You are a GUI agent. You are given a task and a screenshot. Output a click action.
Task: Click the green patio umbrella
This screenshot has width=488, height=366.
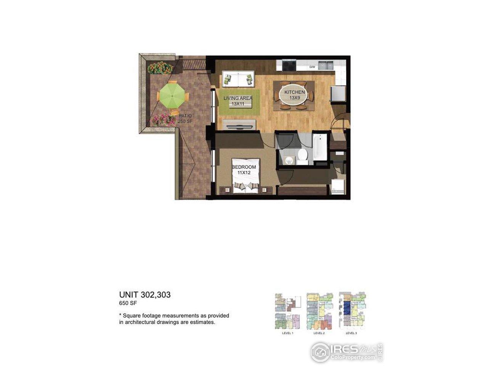172,95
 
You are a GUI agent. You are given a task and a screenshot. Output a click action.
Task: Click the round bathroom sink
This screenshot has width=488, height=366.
289,159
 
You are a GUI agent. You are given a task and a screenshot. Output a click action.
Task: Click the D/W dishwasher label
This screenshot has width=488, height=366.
312,67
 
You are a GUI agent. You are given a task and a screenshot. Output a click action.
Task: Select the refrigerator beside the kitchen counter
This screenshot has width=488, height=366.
338,94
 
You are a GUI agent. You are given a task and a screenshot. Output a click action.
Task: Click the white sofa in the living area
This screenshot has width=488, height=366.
238,79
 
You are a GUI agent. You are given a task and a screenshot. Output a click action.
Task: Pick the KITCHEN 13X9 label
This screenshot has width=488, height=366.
294,95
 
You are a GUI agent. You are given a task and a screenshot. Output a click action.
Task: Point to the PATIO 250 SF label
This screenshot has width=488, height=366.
185,119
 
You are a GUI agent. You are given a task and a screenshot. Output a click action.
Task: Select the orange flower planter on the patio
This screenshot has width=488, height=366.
160,68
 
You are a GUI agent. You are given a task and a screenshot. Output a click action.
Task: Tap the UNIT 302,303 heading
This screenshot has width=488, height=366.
145,295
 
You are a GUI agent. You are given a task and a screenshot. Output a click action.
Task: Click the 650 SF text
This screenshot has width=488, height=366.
128,303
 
